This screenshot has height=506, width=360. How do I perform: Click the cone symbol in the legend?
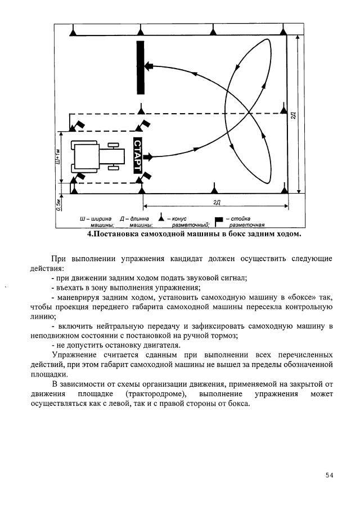click(161, 218)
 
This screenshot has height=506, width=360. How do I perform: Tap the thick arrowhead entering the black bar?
click(148, 66)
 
